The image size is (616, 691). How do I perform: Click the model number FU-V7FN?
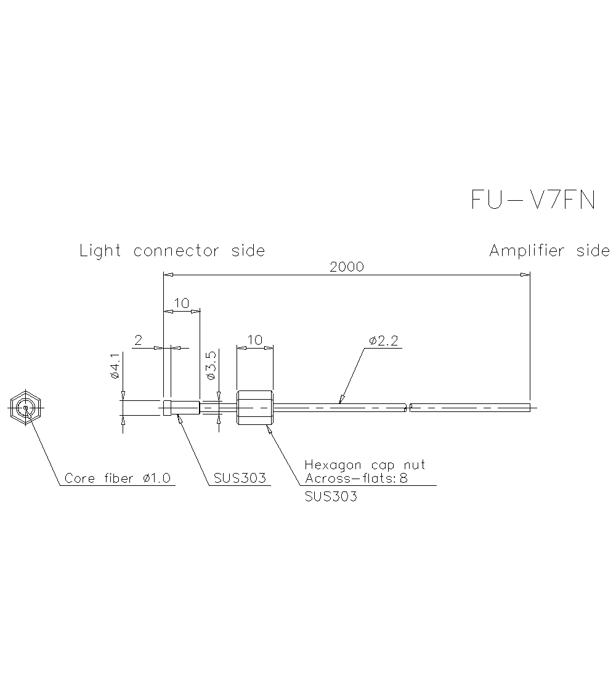point(533,200)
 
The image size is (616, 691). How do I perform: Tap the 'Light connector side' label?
point(172,251)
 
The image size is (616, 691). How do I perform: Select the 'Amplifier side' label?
point(549,251)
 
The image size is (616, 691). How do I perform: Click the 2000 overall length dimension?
point(347,267)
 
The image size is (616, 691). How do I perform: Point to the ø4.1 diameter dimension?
point(115,366)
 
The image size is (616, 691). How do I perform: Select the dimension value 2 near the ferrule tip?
point(139,340)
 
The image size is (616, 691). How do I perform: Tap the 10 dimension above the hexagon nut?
point(254,340)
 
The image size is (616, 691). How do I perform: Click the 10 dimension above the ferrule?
point(181,303)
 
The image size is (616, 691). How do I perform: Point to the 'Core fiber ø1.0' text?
point(118,479)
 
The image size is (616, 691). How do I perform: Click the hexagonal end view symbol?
point(25,407)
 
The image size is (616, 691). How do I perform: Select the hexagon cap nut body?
point(254,407)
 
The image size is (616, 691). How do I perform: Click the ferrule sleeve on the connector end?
point(182,407)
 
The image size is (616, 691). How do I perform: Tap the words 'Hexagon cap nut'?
point(365,465)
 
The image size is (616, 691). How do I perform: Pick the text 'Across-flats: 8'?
point(356,478)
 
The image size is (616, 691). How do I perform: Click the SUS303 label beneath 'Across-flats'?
point(331,496)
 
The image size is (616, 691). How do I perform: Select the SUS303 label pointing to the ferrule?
point(240,479)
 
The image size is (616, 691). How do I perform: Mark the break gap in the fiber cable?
point(408,407)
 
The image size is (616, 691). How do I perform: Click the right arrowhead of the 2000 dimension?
point(525,275)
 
